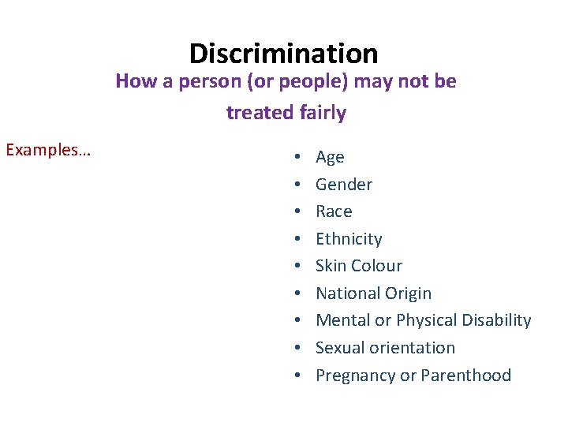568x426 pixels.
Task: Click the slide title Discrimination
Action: tap(284, 54)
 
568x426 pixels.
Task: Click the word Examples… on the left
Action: tap(48, 150)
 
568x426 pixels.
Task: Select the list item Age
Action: tap(330, 157)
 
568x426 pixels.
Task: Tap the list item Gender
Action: tap(344, 185)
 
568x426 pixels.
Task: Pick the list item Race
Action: tap(334, 211)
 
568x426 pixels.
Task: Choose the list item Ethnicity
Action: tap(349, 239)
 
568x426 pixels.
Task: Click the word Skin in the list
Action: tap(331, 266)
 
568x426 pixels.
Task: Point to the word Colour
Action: tap(376, 266)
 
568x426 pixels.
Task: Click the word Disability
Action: tap(496, 320)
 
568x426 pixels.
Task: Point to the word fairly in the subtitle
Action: tap(323, 113)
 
